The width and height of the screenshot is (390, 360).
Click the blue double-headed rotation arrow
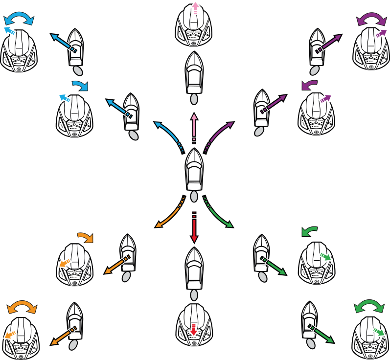(19, 19)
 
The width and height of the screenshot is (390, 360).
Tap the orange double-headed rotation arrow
(22, 307)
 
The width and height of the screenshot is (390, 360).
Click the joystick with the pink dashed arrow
(194, 27)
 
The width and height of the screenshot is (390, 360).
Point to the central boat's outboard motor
(194, 197)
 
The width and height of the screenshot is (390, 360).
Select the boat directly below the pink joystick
(194, 73)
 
